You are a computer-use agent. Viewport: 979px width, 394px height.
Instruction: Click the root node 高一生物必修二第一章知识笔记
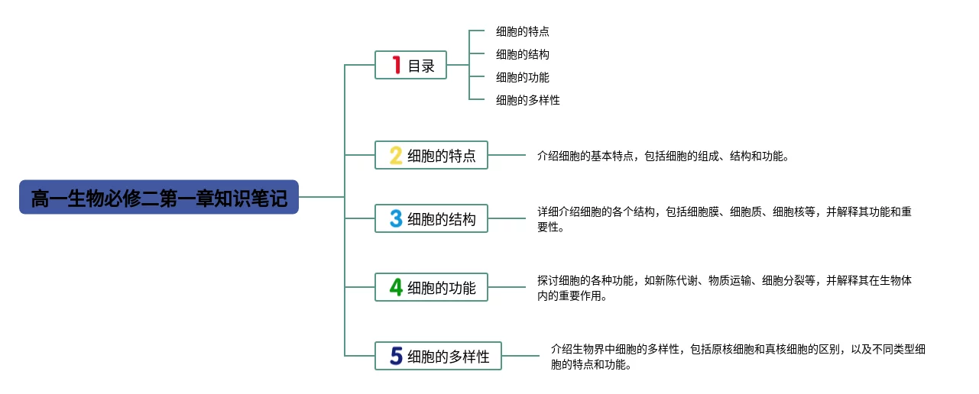[x=159, y=197]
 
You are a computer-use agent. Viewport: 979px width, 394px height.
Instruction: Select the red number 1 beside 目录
[x=396, y=65]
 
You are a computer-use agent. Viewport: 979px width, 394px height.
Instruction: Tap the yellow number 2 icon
[x=396, y=155]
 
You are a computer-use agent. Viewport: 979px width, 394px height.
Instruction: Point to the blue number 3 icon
[x=396, y=218]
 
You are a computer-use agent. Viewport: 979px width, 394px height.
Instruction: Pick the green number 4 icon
[x=396, y=287]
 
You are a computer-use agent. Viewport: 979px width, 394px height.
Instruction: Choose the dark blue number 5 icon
[x=396, y=356]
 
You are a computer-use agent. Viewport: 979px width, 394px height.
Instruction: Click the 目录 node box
[x=411, y=65]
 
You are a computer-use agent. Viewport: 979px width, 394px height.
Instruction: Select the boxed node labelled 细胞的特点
[x=431, y=155]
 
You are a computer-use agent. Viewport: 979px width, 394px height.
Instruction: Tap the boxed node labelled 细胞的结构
[x=431, y=218]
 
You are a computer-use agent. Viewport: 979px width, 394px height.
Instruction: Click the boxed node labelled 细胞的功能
[x=431, y=287]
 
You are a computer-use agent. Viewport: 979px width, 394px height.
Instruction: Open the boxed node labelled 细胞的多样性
[x=438, y=356]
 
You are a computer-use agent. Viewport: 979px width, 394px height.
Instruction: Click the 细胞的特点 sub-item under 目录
[x=522, y=31]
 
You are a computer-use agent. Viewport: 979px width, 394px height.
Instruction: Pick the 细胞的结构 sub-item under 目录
[x=522, y=54]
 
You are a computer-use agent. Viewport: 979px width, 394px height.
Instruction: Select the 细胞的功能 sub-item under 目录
[x=522, y=77]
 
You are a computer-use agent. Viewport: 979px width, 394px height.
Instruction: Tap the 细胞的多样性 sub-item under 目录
[x=527, y=100]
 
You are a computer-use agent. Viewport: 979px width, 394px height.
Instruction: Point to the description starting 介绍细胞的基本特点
[x=662, y=156]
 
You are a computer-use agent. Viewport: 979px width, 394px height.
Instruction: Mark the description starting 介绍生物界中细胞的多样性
[x=737, y=357]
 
